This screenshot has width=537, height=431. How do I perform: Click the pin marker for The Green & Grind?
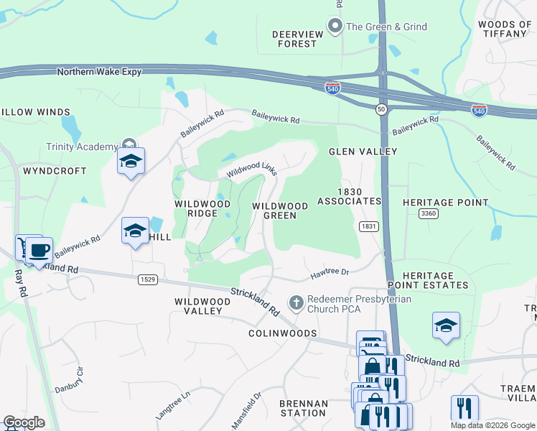coord(335,27)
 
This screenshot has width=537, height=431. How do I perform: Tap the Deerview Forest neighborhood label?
coord(294,39)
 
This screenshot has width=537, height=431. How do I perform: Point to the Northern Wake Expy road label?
coord(99,72)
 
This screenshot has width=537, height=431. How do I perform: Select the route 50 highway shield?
coord(380,108)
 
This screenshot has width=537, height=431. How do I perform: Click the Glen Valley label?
coord(363,152)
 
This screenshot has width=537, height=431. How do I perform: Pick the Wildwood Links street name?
coord(251,170)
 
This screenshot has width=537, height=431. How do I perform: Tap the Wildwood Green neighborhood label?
coord(280,210)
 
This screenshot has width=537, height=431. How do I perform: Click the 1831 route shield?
coord(368,226)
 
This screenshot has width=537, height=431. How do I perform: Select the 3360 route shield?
coord(429,213)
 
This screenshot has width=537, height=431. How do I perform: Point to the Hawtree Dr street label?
coord(329,272)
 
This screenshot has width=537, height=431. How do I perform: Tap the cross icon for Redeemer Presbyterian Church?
coord(295,303)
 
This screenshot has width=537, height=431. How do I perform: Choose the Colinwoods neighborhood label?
coord(282,333)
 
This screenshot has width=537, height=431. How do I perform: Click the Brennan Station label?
coord(303,408)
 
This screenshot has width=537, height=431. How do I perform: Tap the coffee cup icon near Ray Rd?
coord(39,251)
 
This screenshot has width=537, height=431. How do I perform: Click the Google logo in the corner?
coord(23,422)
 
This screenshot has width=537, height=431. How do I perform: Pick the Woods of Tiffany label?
coord(505,29)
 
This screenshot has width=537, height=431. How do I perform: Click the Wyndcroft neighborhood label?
coord(55,171)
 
